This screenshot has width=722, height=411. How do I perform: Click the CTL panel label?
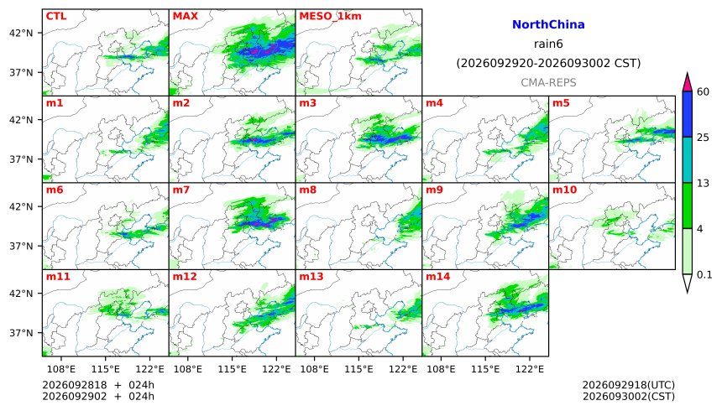click(x=56, y=16)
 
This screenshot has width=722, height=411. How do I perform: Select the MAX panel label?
click(x=185, y=16)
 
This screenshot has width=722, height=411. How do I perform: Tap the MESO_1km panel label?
click(x=330, y=17)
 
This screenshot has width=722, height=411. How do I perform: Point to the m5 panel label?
click(x=561, y=103)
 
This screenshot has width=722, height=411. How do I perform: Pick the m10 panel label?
click(x=564, y=190)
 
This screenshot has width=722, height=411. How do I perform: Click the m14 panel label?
click(x=438, y=276)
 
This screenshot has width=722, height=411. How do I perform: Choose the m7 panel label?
click(x=181, y=190)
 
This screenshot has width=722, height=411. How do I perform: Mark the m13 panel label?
click(x=311, y=276)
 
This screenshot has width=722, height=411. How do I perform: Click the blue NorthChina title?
click(x=548, y=24)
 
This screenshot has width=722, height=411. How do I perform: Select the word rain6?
click(x=548, y=44)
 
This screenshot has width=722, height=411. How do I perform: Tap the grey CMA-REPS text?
click(x=548, y=82)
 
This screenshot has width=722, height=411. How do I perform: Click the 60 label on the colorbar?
click(x=703, y=91)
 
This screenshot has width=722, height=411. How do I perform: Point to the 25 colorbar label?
click(x=703, y=138)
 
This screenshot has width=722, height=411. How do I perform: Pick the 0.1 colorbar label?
click(x=704, y=275)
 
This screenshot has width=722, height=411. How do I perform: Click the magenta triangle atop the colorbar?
click(x=688, y=83)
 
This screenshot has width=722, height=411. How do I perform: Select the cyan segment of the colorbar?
click(x=688, y=159)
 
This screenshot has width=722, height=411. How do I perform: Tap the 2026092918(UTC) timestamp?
click(x=629, y=385)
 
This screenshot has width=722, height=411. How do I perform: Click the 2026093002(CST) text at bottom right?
click(x=629, y=396)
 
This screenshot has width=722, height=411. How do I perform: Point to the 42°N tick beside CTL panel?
click(x=21, y=34)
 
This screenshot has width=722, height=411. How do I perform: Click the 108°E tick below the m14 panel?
click(x=441, y=369)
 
